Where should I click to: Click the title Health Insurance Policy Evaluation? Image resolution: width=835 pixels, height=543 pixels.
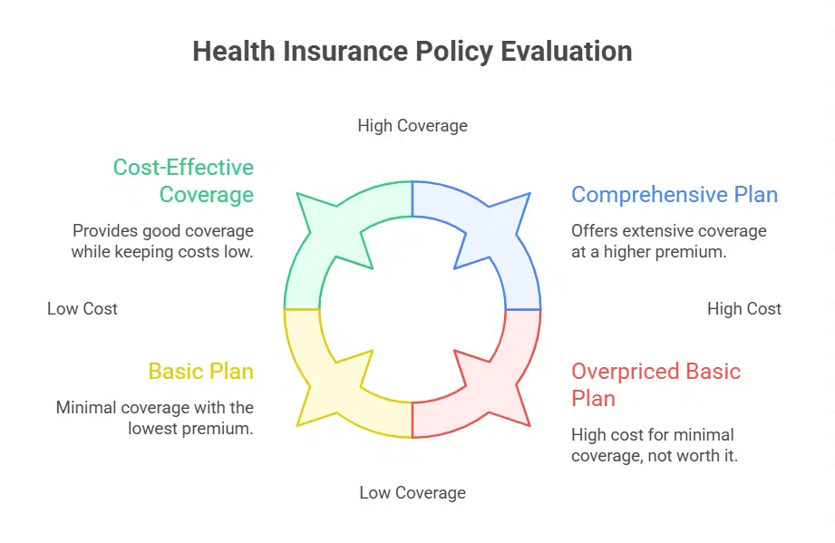pyautogui.click(x=413, y=51)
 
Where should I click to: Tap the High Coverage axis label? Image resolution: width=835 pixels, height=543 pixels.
pyautogui.click(x=413, y=125)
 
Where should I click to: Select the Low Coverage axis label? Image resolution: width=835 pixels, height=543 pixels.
pyautogui.click(x=413, y=493)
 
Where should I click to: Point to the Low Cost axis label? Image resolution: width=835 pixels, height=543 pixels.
pyautogui.click(x=83, y=309)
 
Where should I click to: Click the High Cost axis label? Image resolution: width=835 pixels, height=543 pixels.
pyautogui.click(x=743, y=309)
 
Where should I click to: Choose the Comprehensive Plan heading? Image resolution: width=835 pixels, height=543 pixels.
pyautogui.click(x=674, y=195)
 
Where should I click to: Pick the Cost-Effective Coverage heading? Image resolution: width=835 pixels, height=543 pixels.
pyautogui.click(x=183, y=181)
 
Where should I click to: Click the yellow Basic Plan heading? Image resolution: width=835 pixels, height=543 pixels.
pyautogui.click(x=200, y=372)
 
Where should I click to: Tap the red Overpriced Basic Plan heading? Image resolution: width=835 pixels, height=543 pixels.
pyautogui.click(x=655, y=384)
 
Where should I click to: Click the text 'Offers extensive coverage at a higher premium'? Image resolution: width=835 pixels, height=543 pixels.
pyautogui.click(x=668, y=241)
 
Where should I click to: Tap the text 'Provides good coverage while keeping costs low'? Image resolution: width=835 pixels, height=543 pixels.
pyautogui.click(x=162, y=241)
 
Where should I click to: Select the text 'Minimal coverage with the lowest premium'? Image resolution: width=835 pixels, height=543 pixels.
pyautogui.click(x=155, y=418)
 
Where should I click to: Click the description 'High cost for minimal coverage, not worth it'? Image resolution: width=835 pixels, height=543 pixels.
pyautogui.click(x=654, y=445)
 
